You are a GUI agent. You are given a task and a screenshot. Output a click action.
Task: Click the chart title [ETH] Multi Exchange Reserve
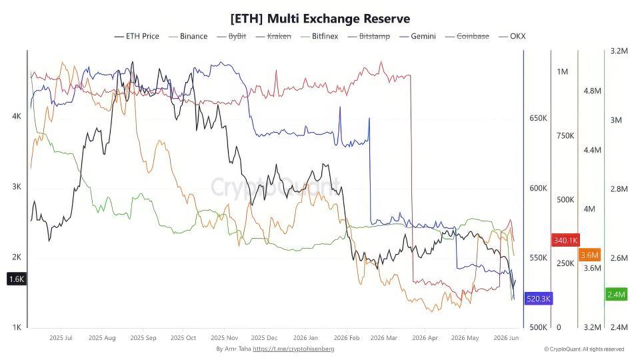click(320, 19)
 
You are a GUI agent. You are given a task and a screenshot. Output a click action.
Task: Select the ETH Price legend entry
click(137, 36)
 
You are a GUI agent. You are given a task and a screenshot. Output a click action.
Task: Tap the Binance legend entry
click(188, 36)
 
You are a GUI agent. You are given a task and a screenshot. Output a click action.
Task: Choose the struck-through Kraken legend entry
click(273, 36)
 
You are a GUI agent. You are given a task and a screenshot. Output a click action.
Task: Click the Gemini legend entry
click(418, 36)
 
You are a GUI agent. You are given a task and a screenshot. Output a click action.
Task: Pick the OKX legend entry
click(512, 36)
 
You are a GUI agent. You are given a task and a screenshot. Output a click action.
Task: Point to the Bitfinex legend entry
click(319, 36)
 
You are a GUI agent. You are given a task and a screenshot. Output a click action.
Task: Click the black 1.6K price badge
click(17, 279)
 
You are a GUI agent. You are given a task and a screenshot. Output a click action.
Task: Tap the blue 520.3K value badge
click(539, 299)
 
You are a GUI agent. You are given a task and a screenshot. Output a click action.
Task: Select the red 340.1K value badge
click(565, 241)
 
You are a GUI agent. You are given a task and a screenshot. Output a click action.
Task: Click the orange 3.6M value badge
click(589, 255)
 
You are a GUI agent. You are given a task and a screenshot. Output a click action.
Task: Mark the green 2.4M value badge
click(616, 294)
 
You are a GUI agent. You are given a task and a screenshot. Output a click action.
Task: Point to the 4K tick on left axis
click(17, 116)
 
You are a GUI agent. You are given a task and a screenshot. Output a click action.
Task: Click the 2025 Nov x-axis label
click(224, 338)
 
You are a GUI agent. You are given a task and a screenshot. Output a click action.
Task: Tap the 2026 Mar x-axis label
click(384, 338)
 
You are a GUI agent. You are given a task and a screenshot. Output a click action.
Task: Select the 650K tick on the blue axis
click(538, 119)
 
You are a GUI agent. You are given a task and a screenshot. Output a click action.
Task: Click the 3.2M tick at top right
click(619, 51)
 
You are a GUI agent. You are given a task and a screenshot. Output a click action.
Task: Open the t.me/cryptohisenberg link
click(293, 349)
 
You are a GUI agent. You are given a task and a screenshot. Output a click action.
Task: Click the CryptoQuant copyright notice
click(584, 349)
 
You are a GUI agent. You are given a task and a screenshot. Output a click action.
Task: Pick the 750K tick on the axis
click(565, 136)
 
